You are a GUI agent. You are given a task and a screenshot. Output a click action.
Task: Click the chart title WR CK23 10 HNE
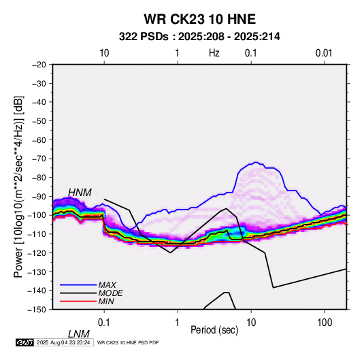pyautogui.click(x=199, y=19)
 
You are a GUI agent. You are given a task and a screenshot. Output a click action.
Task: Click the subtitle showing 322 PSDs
pyautogui.click(x=199, y=37)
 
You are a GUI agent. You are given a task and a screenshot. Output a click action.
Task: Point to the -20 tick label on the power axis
pyautogui.click(x=39, y=65)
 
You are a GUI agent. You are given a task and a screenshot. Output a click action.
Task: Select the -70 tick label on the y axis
pyautogui.click(x=39, y=159)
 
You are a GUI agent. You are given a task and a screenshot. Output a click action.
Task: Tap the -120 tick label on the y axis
pyautogui.click(x=37, y=252)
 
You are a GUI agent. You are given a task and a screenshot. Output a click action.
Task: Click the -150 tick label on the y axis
pyautogui.click(x=37, y=310)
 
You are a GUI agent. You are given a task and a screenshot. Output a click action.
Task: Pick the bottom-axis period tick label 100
pyautogui.click(x=325, y=323)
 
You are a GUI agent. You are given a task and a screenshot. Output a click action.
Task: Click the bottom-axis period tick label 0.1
pyautogui.click(x=104, y=323)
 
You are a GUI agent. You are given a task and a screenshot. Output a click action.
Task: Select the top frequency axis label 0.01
pyautogui.click(x=324, y=53)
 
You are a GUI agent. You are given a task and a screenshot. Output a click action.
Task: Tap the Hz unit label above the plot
pyautogui.click(x=214, y=53)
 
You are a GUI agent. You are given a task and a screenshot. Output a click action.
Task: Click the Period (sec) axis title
pyautogui.click(x=214, y=330)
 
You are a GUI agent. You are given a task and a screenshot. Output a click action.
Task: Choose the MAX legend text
pyautogui.click(x=107, y=285)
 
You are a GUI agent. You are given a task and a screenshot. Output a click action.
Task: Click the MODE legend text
pyautogui.click(x=110, y=293)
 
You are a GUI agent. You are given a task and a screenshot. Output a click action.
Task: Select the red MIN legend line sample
pyautogui.click(x=78, y=301)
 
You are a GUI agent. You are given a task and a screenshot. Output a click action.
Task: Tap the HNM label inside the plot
pyautogui.click(x=80, y=193)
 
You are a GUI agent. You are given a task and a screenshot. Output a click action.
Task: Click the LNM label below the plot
pyautogui.click(x=78, y=334)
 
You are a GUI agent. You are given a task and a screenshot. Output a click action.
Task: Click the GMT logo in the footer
pyautogui.click(x=24, y=342)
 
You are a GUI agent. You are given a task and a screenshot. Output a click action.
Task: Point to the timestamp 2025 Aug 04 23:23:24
pyautogui.click(x=63, y=342)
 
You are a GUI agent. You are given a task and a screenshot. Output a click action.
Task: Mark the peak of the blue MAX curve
pyautogui.click(x=256, y=163)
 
